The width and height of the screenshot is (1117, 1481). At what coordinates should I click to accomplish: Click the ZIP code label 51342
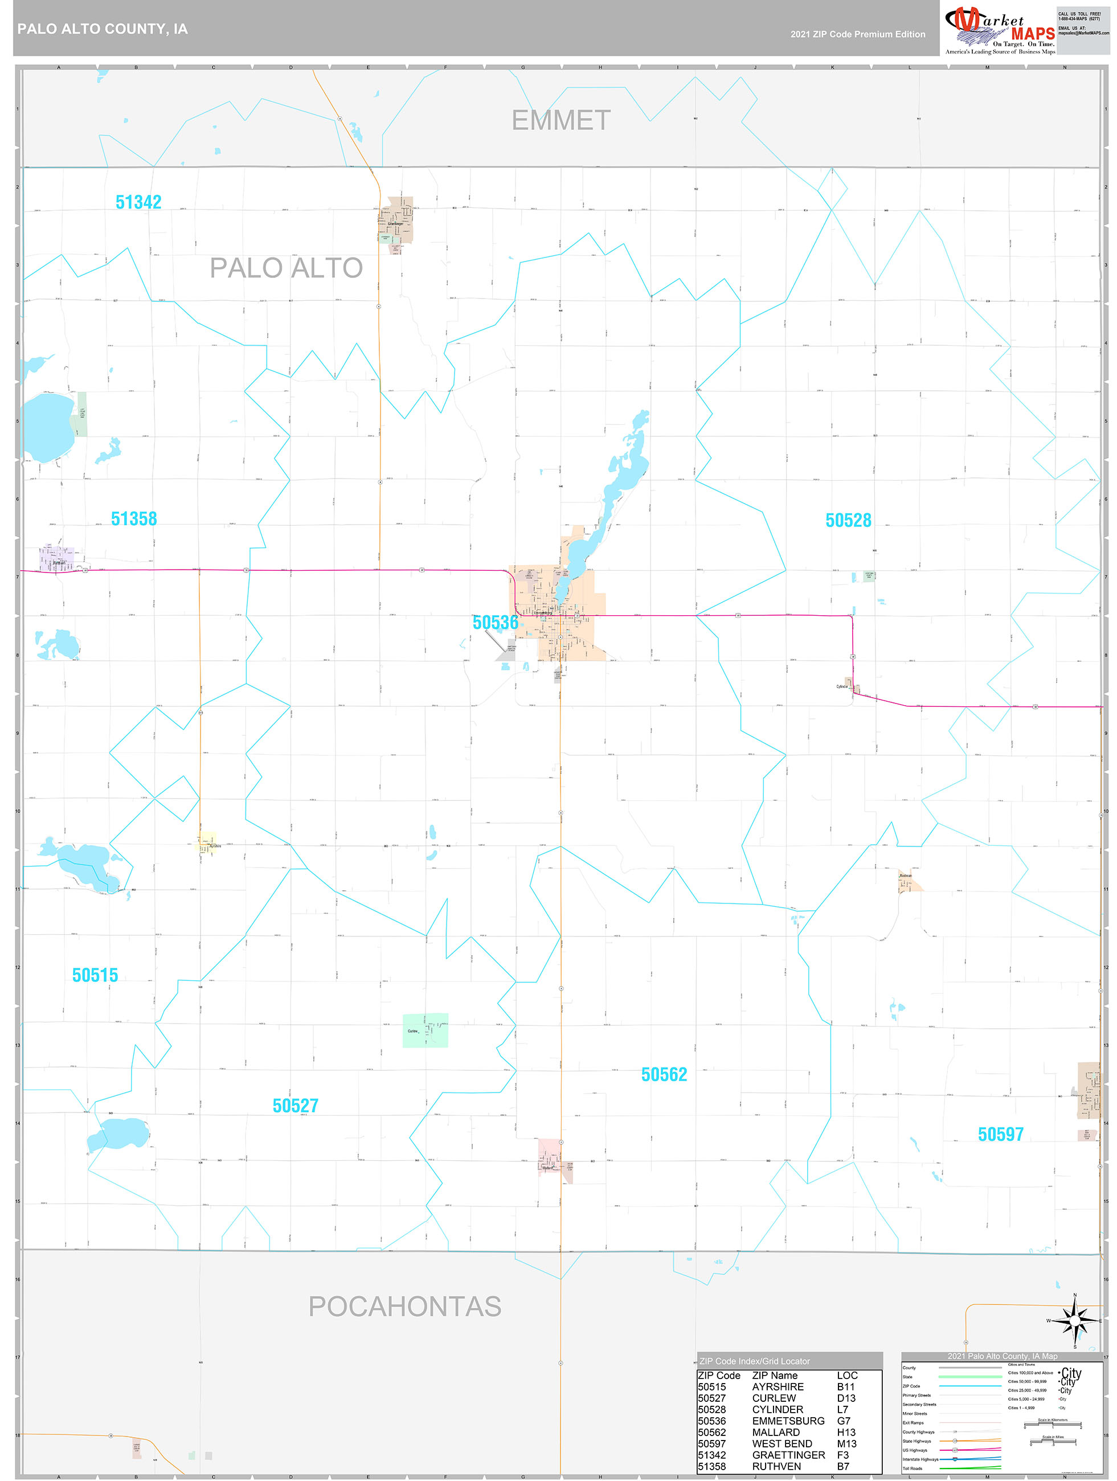(138, 202)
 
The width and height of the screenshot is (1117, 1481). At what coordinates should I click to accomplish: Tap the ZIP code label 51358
(134, 519)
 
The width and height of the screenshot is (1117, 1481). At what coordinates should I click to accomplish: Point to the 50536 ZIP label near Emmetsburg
(496, 623)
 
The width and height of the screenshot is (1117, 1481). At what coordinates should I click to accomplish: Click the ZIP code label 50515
(95, 976)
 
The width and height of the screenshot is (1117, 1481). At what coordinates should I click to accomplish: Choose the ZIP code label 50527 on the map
(295, 1106)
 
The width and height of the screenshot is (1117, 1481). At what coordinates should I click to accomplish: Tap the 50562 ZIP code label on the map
(664, 1075)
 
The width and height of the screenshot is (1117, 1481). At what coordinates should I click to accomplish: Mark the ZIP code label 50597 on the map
(1000, 1134)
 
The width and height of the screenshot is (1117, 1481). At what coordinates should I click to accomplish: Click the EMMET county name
(561, 121)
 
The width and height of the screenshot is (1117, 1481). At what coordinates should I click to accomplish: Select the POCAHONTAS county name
(404, 1306)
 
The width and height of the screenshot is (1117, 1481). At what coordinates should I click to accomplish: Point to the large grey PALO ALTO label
(286, 268)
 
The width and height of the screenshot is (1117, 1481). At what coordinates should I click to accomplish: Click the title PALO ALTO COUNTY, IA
(103, 29)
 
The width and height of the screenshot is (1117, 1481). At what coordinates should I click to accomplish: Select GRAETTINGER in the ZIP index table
(788, 1455)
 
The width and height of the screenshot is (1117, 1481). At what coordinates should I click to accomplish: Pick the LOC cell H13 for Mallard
(846, 1432)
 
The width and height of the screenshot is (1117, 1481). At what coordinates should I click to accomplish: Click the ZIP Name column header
(775, 1375)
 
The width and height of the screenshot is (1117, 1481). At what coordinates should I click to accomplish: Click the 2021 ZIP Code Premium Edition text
(858, 34)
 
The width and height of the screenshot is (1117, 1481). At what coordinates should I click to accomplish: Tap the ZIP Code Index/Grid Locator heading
(754, 1361)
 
